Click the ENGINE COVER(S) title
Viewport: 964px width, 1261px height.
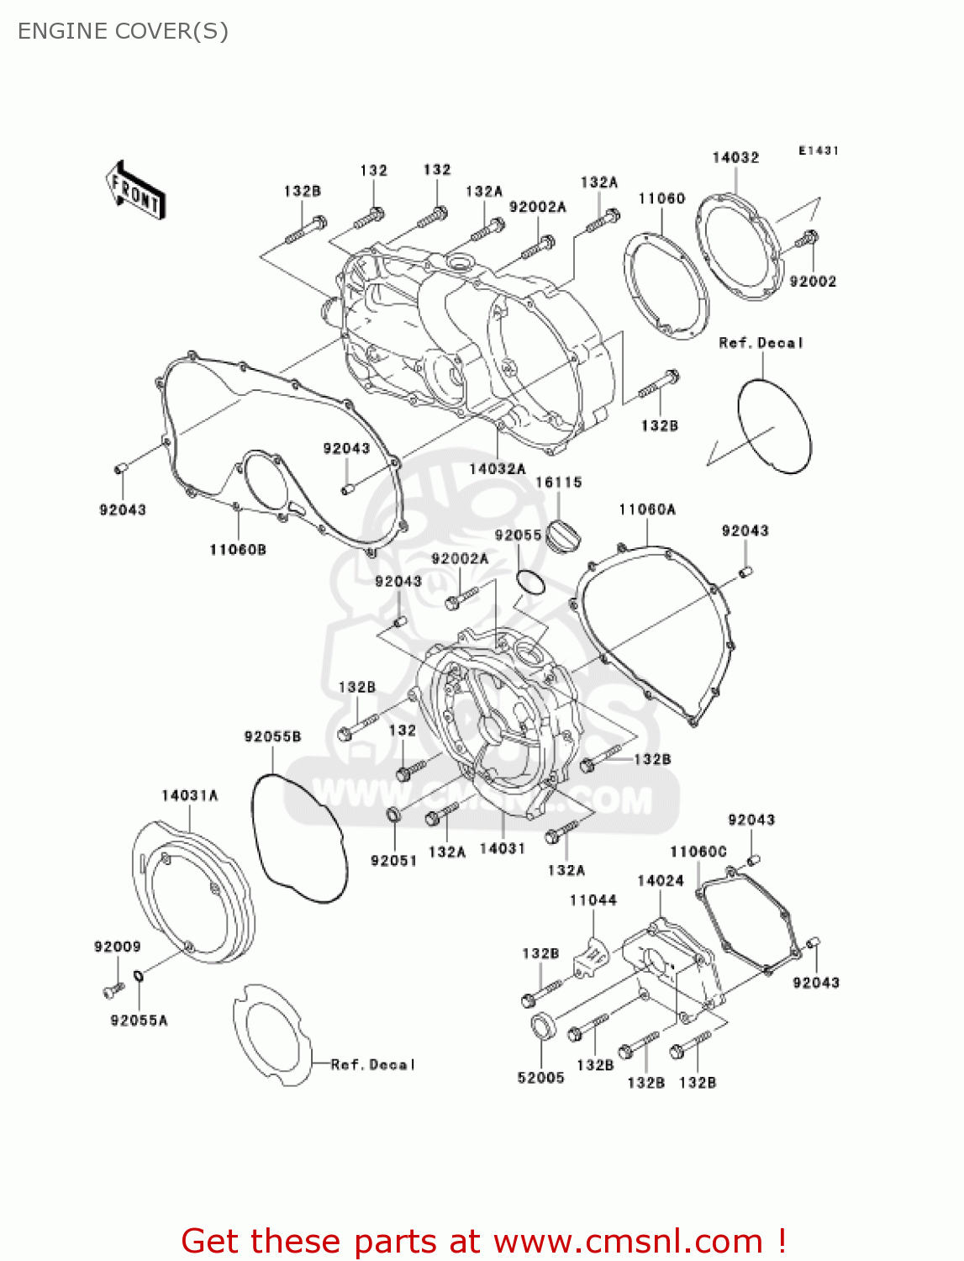pos(123,31)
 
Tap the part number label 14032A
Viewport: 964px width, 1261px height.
pos(498,468)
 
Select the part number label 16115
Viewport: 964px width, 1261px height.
pos(559,483)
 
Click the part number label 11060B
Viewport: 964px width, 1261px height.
pos(238,550)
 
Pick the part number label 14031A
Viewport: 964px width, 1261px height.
pos(190,795)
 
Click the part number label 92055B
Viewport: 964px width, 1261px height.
pos(272,736)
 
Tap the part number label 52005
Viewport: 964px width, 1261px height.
pos(540,1078)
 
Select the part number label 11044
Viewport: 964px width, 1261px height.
pos(593,900)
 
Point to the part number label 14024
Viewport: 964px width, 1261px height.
pos(661,881)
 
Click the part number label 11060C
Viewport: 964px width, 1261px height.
pos(698,852)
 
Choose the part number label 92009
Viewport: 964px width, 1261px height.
pos(118,947)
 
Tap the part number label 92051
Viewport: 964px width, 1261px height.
pos(394,860)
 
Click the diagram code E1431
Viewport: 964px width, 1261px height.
pos(819,150)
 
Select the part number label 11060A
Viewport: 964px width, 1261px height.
pos(647,509)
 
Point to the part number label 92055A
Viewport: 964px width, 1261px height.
pos(140,1021)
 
